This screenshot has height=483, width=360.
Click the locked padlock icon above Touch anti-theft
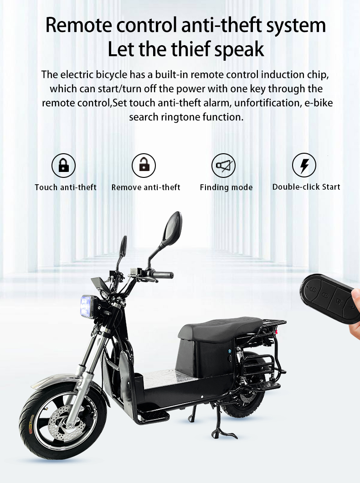coord(63,166)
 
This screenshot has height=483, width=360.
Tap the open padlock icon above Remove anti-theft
coord(144,166)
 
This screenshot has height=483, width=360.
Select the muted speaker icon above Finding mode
coord(223,166)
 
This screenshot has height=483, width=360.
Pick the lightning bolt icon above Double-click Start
coord(304,165)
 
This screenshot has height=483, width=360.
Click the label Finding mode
coord(226,187)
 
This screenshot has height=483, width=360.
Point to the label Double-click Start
coord(306,187)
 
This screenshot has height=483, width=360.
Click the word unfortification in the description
coord(267,103)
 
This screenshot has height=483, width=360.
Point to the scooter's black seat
coord(221,327)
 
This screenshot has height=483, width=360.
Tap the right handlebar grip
coord(164,275)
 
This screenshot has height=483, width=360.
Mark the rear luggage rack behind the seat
coord(271,325)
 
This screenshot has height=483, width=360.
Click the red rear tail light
coord(276,332)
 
